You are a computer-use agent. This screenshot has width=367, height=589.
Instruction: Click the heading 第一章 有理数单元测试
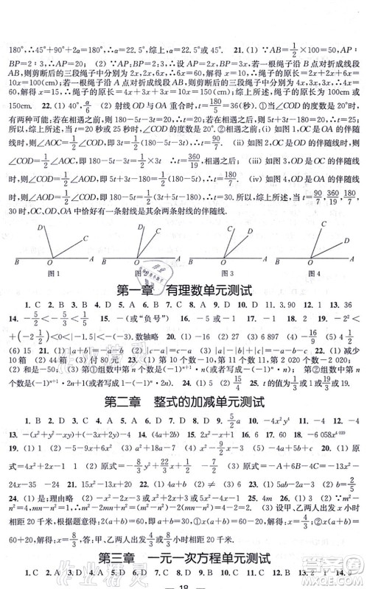click(183, 289)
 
